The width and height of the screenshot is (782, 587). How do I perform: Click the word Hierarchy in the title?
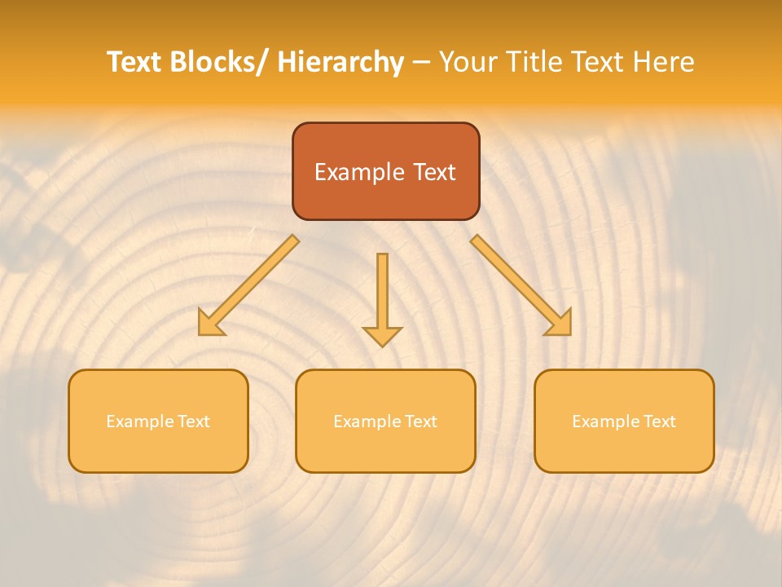coord(340,62)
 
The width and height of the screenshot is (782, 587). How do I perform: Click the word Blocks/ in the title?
coord(217,62)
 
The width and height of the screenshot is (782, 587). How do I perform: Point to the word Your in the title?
coord(468,62)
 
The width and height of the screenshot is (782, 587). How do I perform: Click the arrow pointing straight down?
coord(382,293)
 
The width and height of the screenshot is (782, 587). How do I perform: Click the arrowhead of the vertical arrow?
coord(382,335)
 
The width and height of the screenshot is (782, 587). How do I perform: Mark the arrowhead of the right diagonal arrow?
coord(560,324)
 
